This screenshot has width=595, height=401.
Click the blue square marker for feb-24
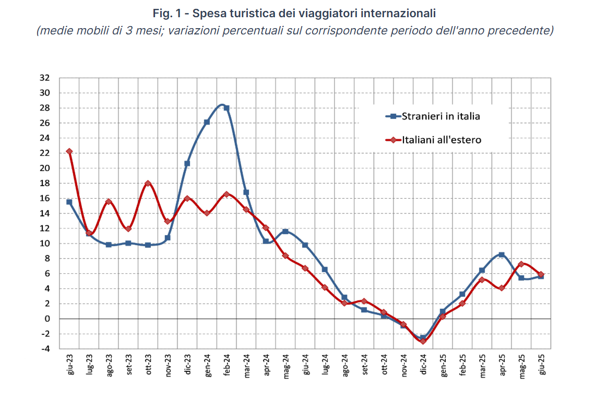tap(227, 108)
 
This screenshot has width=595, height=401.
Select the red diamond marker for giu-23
tap(69, 151)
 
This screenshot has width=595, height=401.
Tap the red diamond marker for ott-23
tap(148, 184)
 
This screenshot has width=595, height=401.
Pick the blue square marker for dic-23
tap(187, 163)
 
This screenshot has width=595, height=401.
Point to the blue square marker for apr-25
tap(502, 254)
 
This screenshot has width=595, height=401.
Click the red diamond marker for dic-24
tap(423, 341)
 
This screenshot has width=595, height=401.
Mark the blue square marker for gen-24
tap(207, 122)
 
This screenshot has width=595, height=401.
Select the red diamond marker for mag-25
tap(521, 264)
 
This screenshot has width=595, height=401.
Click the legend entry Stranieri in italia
tap(441, 116)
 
